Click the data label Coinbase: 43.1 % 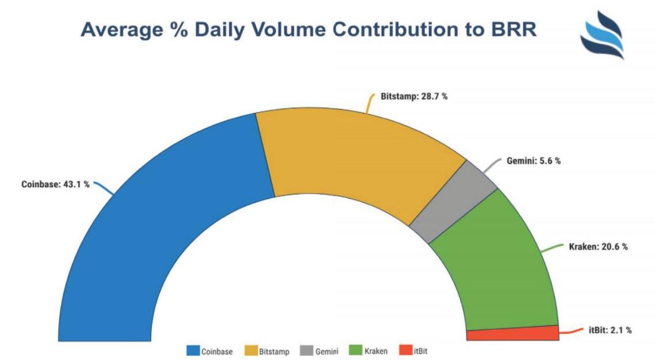point(56,185)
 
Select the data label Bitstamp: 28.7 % point(414,97)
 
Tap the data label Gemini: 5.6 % point(534,161)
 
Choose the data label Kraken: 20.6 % point(599,247)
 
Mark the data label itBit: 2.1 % point(610,331)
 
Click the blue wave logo point(601,36)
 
